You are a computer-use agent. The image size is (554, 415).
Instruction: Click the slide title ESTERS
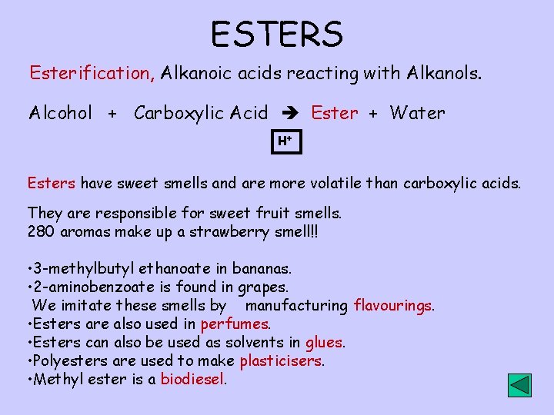pyautogui.click(x=277, y=34)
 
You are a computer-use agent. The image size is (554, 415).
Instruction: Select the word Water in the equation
pyautogui.click(x=417, y=113)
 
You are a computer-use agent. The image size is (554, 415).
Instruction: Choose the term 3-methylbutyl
pyautogui.click(x=82, y=269)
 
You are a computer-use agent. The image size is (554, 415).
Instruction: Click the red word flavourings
pyautogui.click(x=393, y=306)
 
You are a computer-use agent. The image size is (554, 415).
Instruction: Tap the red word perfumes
pyautogui.click(x=235, y=324)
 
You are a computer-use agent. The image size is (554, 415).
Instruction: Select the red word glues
pyautogui.click(x=324, y=342)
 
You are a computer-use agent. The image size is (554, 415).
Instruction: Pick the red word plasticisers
pyautogui.click(x=281, y=360)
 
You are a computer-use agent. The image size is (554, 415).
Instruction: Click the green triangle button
pyautogui.click(x=519, y=385)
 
